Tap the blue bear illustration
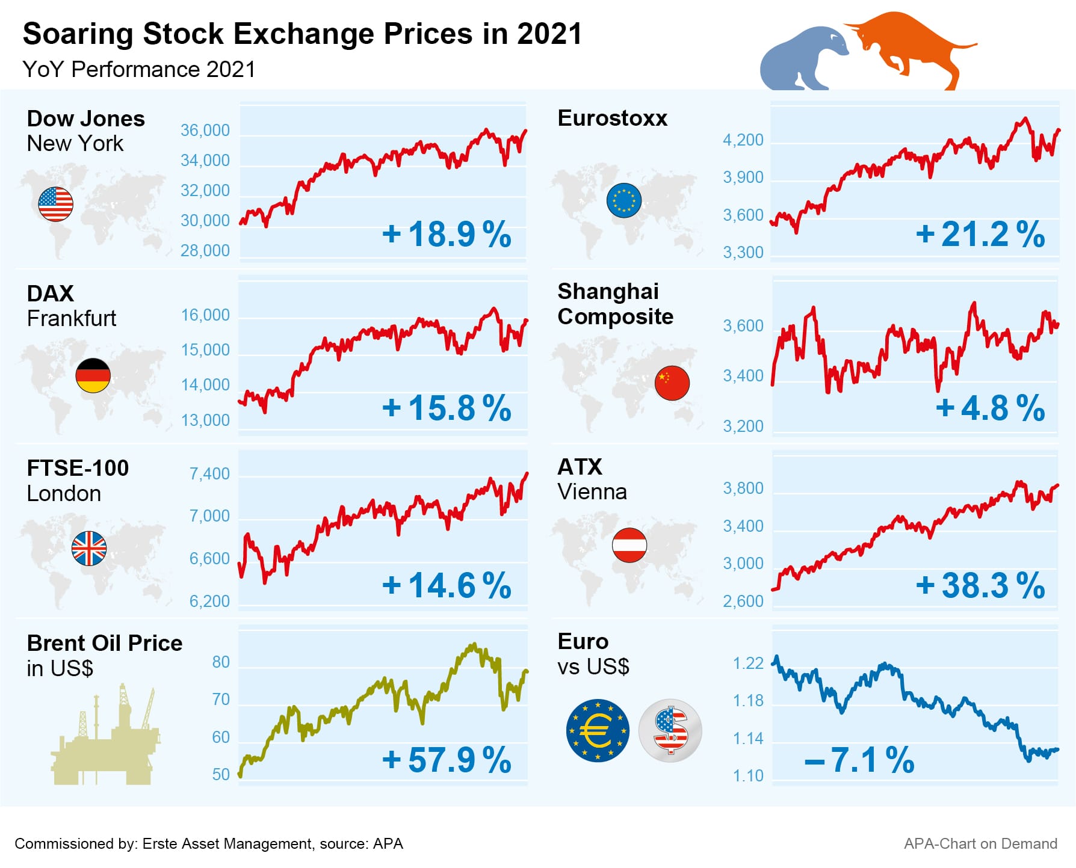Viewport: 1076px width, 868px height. point(800,60)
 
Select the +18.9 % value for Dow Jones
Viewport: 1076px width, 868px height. point(447,234)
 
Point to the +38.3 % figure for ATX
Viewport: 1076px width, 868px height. point(980,585)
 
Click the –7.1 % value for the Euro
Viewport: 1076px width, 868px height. point(859,760)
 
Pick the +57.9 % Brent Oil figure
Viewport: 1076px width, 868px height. point(447,760)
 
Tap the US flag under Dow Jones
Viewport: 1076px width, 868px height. point(55,204)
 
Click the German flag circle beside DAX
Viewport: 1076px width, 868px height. point(93,375)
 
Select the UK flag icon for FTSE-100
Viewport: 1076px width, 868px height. point(89,549)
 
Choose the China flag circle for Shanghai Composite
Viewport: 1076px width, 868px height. point(672,383)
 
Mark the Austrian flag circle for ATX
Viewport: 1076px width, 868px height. point(629,545)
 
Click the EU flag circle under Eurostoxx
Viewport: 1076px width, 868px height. point(624,200)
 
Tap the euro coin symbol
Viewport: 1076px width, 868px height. point(598,730)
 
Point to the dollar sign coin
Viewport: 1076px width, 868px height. point(670,730)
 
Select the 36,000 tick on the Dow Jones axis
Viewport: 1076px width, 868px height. point(205,131)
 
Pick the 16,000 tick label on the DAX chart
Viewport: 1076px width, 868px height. point(205,315)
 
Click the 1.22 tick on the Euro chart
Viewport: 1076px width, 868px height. point(748,663)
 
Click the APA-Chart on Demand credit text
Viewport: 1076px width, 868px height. point(980,844)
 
